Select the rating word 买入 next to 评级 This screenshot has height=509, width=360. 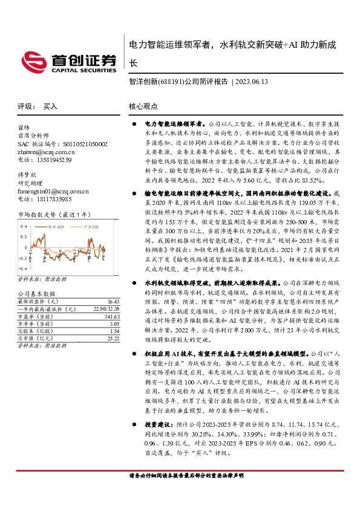pyautogui.click(x=50, y=106)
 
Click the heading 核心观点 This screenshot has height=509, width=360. pyautogui.click(x=143, y=106)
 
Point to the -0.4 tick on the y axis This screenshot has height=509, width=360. pyautogui.click(x=22, y=267)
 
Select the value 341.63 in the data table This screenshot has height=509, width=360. pyautogui.click(x=112, y=316)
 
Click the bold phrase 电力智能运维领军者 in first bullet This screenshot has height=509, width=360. pyautogui.click(x=173, y=123)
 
